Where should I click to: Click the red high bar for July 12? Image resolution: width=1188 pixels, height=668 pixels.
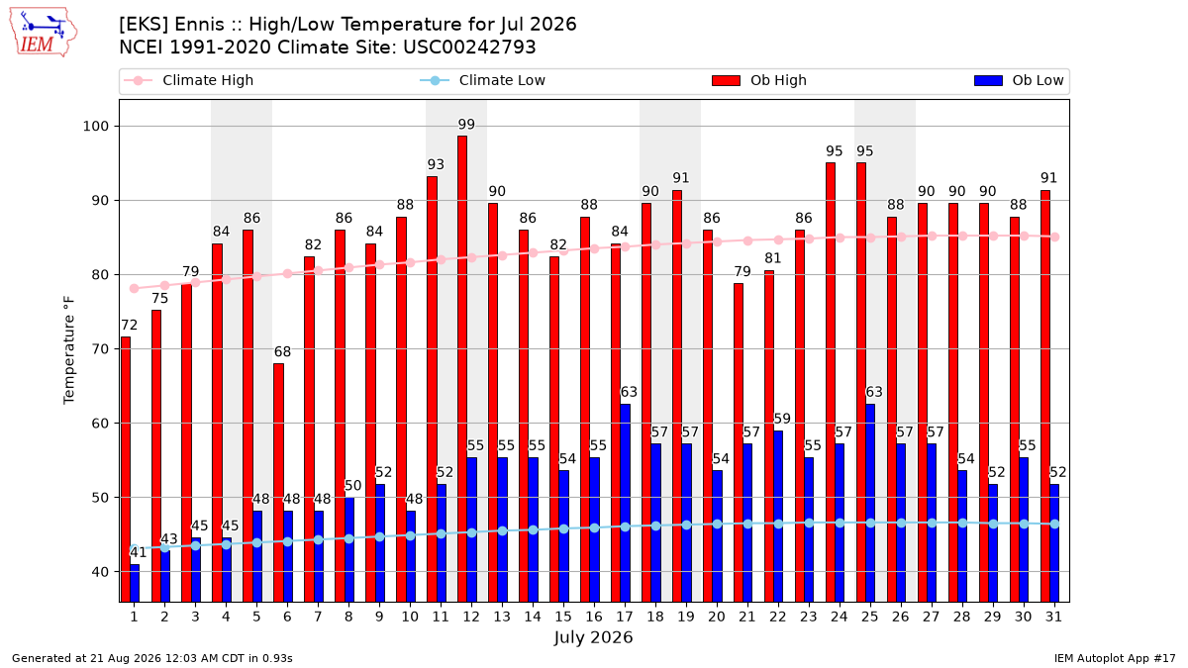[x=462, y=369]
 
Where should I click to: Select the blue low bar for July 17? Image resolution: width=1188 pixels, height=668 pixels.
[x=626, y=503]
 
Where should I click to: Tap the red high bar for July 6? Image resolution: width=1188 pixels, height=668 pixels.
[x=278, y=483]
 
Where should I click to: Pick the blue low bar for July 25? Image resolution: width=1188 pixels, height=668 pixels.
[x=870, y=503]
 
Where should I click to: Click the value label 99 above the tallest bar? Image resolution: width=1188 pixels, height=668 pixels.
[x=466, y=125]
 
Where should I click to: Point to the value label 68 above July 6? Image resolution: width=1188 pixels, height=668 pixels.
[x=283, y=352]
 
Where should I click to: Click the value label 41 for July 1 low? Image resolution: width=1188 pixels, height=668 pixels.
[x=138, y=553]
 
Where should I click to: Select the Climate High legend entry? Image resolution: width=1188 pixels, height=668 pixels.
[x=188, y=80]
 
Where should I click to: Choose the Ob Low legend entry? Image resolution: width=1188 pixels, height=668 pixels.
[x=1019, y=80]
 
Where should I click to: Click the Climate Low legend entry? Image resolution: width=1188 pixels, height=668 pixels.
[x=482, y=80]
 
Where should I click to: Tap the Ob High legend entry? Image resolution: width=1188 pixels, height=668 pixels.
[x=759, y=80]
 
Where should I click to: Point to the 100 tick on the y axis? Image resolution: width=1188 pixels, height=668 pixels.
[x=95, y=127]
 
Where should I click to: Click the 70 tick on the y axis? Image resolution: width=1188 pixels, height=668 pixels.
[x=100, y=348]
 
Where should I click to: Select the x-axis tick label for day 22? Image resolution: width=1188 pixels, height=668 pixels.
[x=778, y=618]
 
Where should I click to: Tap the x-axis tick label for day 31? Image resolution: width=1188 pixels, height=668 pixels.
[x=1053, y=618]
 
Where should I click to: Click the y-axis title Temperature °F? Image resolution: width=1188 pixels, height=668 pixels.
[x=69, y=350]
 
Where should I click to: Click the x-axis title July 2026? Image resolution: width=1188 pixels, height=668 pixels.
[x=593, y=637]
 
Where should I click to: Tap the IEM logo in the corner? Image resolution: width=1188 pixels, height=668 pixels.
[x=43, y=33]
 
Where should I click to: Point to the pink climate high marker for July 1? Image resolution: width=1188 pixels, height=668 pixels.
[x=135, y=289]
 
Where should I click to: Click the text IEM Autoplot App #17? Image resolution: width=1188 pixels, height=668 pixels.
[x=1115, y=658]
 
